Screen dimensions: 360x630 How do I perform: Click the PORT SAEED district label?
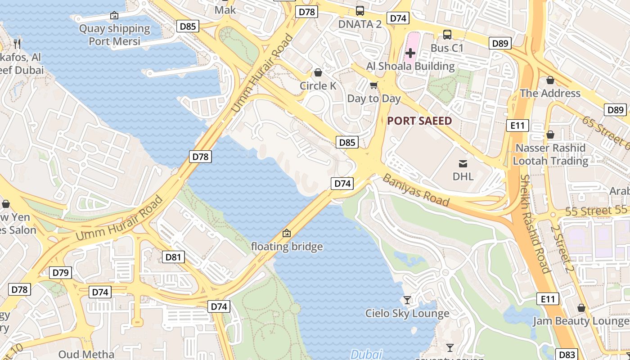tap(419, 121)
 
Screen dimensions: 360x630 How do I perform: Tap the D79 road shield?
tap(60, 272)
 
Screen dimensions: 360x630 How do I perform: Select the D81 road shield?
tap(173, 257)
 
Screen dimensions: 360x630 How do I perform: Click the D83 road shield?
tap(567, 354)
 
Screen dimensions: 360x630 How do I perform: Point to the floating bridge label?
tap(287, 247)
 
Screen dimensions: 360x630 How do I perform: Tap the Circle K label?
tap(318, 85)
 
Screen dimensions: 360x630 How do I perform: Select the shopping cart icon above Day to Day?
tap(373, 85)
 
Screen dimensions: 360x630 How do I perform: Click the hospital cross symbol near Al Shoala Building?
tap(410, 53)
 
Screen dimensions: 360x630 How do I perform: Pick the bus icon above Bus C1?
tap(447, 34)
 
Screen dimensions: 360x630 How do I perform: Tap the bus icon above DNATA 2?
tap(360, 11)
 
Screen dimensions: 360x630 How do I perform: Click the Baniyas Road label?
tap(416, 190)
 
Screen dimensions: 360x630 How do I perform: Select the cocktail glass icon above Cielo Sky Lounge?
tap(407, 300)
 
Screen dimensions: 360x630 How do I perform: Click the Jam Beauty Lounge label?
tap(580, 321)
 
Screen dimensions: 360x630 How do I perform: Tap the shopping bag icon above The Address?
tap(550, 80)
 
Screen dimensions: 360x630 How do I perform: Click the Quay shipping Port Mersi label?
tap(114, 35)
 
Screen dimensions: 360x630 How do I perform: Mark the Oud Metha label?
tap(86, 354)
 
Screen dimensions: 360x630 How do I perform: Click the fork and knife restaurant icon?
tap(18, 44)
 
